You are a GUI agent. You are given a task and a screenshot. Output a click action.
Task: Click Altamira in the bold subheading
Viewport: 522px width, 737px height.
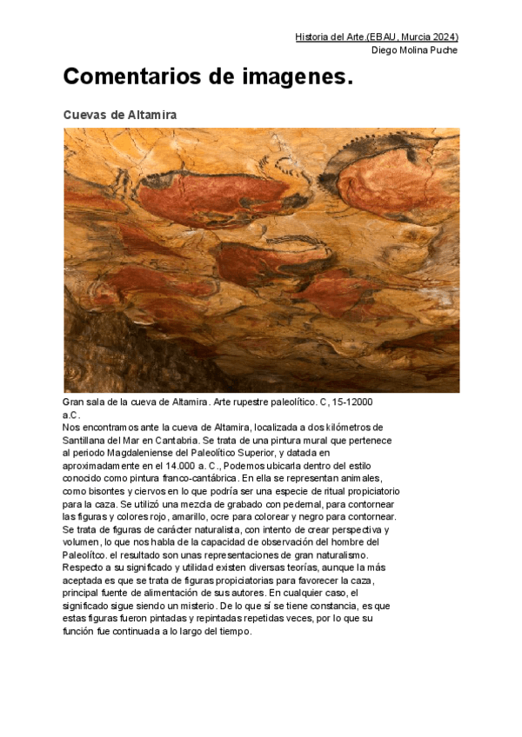point(153,115)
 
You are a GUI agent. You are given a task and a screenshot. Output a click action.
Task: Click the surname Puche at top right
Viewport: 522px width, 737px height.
point(443,50)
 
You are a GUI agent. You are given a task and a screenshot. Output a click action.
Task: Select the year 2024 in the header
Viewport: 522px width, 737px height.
point(442,37)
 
